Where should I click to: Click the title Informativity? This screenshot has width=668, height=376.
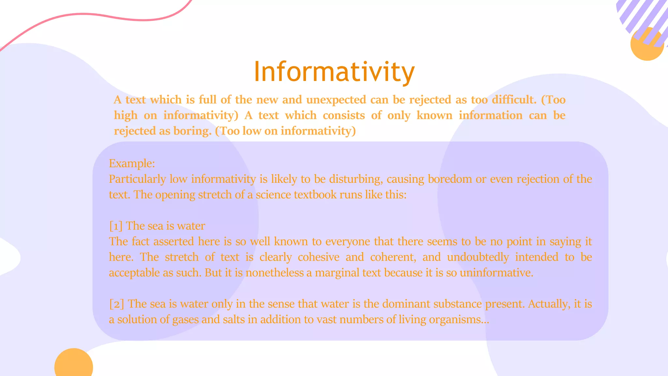[334, 72]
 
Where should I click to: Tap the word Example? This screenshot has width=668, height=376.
[132, 164]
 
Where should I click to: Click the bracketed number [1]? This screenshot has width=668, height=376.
[116, 226]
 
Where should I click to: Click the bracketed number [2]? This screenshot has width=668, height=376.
[116, 304]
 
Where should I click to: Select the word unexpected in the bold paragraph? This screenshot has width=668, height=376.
[336, 100]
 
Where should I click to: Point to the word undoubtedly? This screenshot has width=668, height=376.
[478, 257]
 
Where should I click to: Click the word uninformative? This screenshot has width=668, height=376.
[496, 273]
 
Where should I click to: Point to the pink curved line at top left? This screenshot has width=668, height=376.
[98, 15]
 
